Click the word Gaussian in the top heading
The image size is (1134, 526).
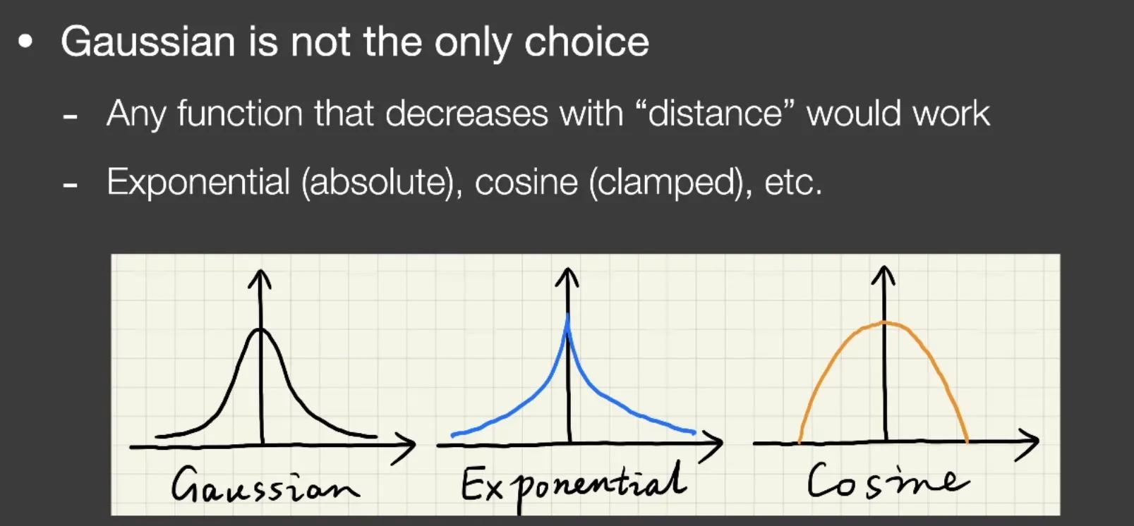pyautogui.click(x=148, y=42)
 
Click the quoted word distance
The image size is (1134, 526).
pyautogui.click(x=715, y=113)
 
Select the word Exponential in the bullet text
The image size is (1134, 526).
pyautogui.click(x=198, y=183)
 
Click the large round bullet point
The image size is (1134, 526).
pyautogui.click(x=25, y=42)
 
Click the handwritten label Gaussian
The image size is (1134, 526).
pyautogui.click(x=265, y=485)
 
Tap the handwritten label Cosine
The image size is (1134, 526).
pyautogui.click(x=888, y=480)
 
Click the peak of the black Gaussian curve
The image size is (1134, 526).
pyautogui.click(x=260, y=329)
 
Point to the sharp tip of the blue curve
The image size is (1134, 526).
pyautogui.click(x=567, y=314)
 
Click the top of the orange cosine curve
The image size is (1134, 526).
pyautogui.click(x=884, y=322)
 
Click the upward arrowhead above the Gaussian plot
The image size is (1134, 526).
pyautogui.click(x=260, y=279)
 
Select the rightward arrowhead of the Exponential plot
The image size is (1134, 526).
pyautogui.click(x=712, y=444)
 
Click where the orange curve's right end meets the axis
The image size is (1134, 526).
pyautogui.click(x=967, y=441)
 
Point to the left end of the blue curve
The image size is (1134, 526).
pyautogui.click(x=452, y=434)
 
